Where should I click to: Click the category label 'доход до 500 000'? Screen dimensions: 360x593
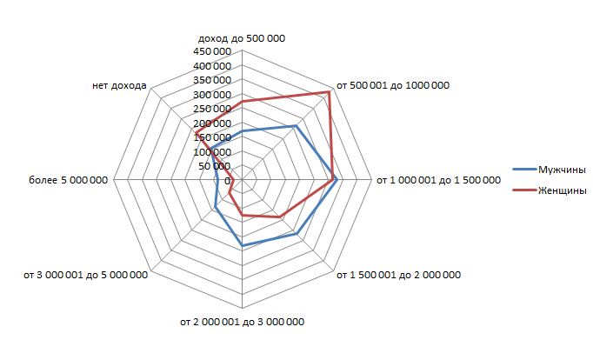click(x=242, y=38)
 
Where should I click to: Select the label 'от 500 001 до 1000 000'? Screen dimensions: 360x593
click(x=399, y=85)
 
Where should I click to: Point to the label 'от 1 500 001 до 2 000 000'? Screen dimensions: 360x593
click(x=398, y=276)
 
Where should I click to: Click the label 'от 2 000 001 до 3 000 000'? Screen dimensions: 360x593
click(x=242, y=323)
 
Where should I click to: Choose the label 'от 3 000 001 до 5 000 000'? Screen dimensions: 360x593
click(x=85, y=276)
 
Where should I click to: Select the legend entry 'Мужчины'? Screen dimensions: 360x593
click(x=561, y=169)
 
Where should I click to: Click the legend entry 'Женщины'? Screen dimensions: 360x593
click(x=561, y=190)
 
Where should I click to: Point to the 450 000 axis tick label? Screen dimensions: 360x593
click(x=212, y=51)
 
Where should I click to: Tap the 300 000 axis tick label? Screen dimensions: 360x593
click(x=212, y=95)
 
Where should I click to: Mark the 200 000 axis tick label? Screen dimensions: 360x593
click(x=212, y=123)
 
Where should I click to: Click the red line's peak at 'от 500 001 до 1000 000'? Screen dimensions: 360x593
click(x=330, y=91)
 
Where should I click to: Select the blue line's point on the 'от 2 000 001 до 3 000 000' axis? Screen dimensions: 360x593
click(x=242, y=246)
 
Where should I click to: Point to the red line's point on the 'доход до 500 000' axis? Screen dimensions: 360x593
click(x=242, y=101)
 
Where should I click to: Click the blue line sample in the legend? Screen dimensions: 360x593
click(x=522, y=169)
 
